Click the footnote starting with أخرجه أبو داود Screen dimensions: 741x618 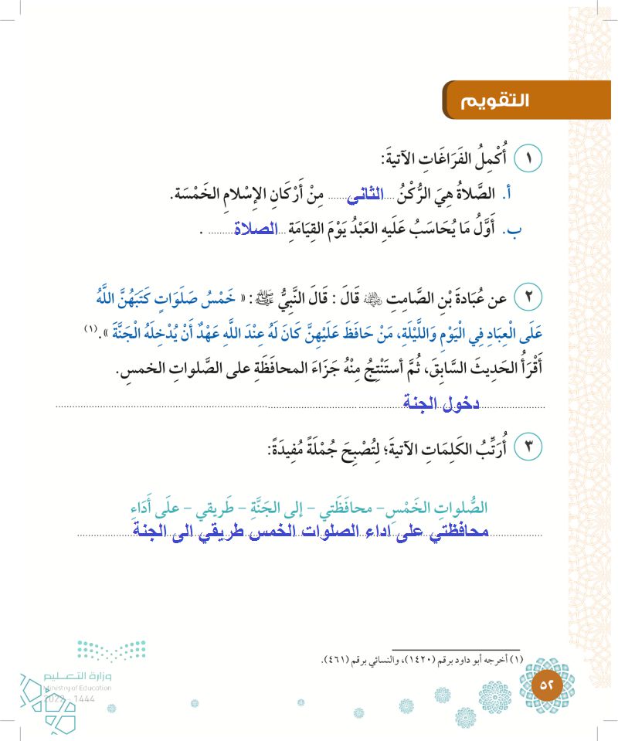pyautogui.click(x=420, y=659)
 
